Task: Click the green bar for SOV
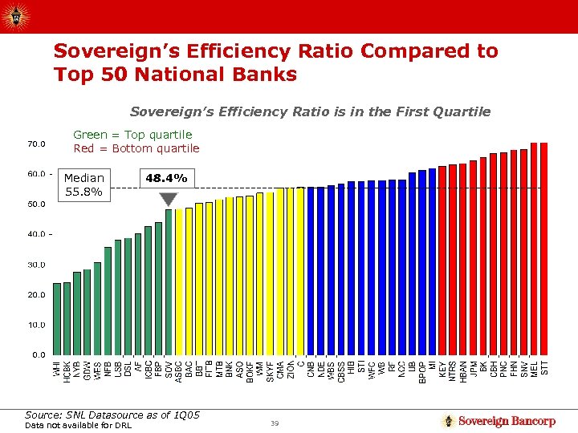pos(169,281)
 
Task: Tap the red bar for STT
pos(543,249)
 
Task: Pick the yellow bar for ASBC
pos(179,281)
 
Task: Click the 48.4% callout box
pos(165,178)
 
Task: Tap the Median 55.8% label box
pos(84,184)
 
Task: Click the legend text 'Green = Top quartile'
pos(132,135)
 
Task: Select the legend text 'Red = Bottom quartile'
pos(136,148)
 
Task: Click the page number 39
pos(275,423)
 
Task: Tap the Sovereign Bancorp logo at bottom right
pos(499,421)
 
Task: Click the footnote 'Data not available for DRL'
pos(79,425)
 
